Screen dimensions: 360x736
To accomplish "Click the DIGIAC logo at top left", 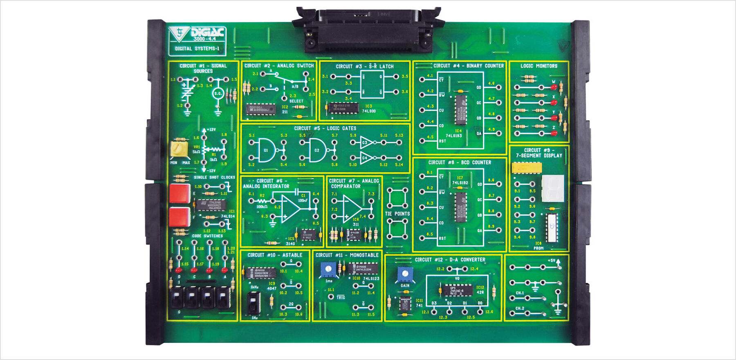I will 197,34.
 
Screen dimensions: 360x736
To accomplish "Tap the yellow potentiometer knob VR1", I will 179,149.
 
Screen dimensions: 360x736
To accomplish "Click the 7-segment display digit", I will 553,188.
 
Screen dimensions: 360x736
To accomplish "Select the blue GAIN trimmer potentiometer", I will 405,274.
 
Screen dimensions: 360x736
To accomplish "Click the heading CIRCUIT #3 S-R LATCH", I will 365,66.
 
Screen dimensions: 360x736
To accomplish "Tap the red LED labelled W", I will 553,87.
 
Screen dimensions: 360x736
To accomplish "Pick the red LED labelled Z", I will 553,133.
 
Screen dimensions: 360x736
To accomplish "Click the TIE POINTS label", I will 397,214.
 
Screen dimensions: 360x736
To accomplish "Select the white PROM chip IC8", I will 552,227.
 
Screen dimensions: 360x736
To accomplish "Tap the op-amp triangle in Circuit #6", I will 291,208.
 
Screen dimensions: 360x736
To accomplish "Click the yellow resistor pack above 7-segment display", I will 527,168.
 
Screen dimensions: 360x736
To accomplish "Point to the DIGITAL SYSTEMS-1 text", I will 197,49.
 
